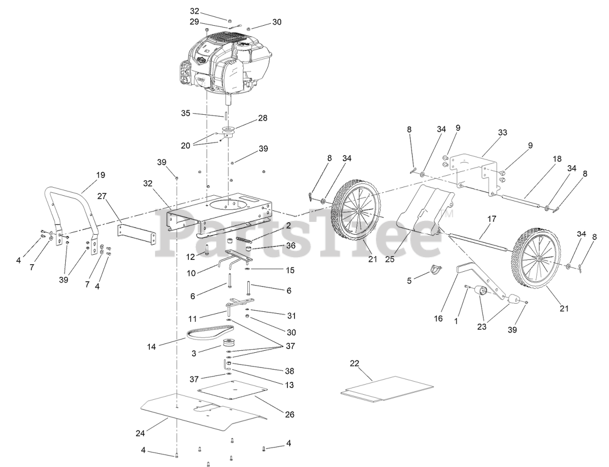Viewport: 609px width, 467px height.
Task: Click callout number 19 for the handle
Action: point(100,175)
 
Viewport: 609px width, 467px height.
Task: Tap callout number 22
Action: point(354,363)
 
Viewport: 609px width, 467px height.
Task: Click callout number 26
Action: point(289,415)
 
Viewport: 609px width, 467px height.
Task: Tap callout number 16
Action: point(438,318)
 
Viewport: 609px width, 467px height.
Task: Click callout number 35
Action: point(186,113)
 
